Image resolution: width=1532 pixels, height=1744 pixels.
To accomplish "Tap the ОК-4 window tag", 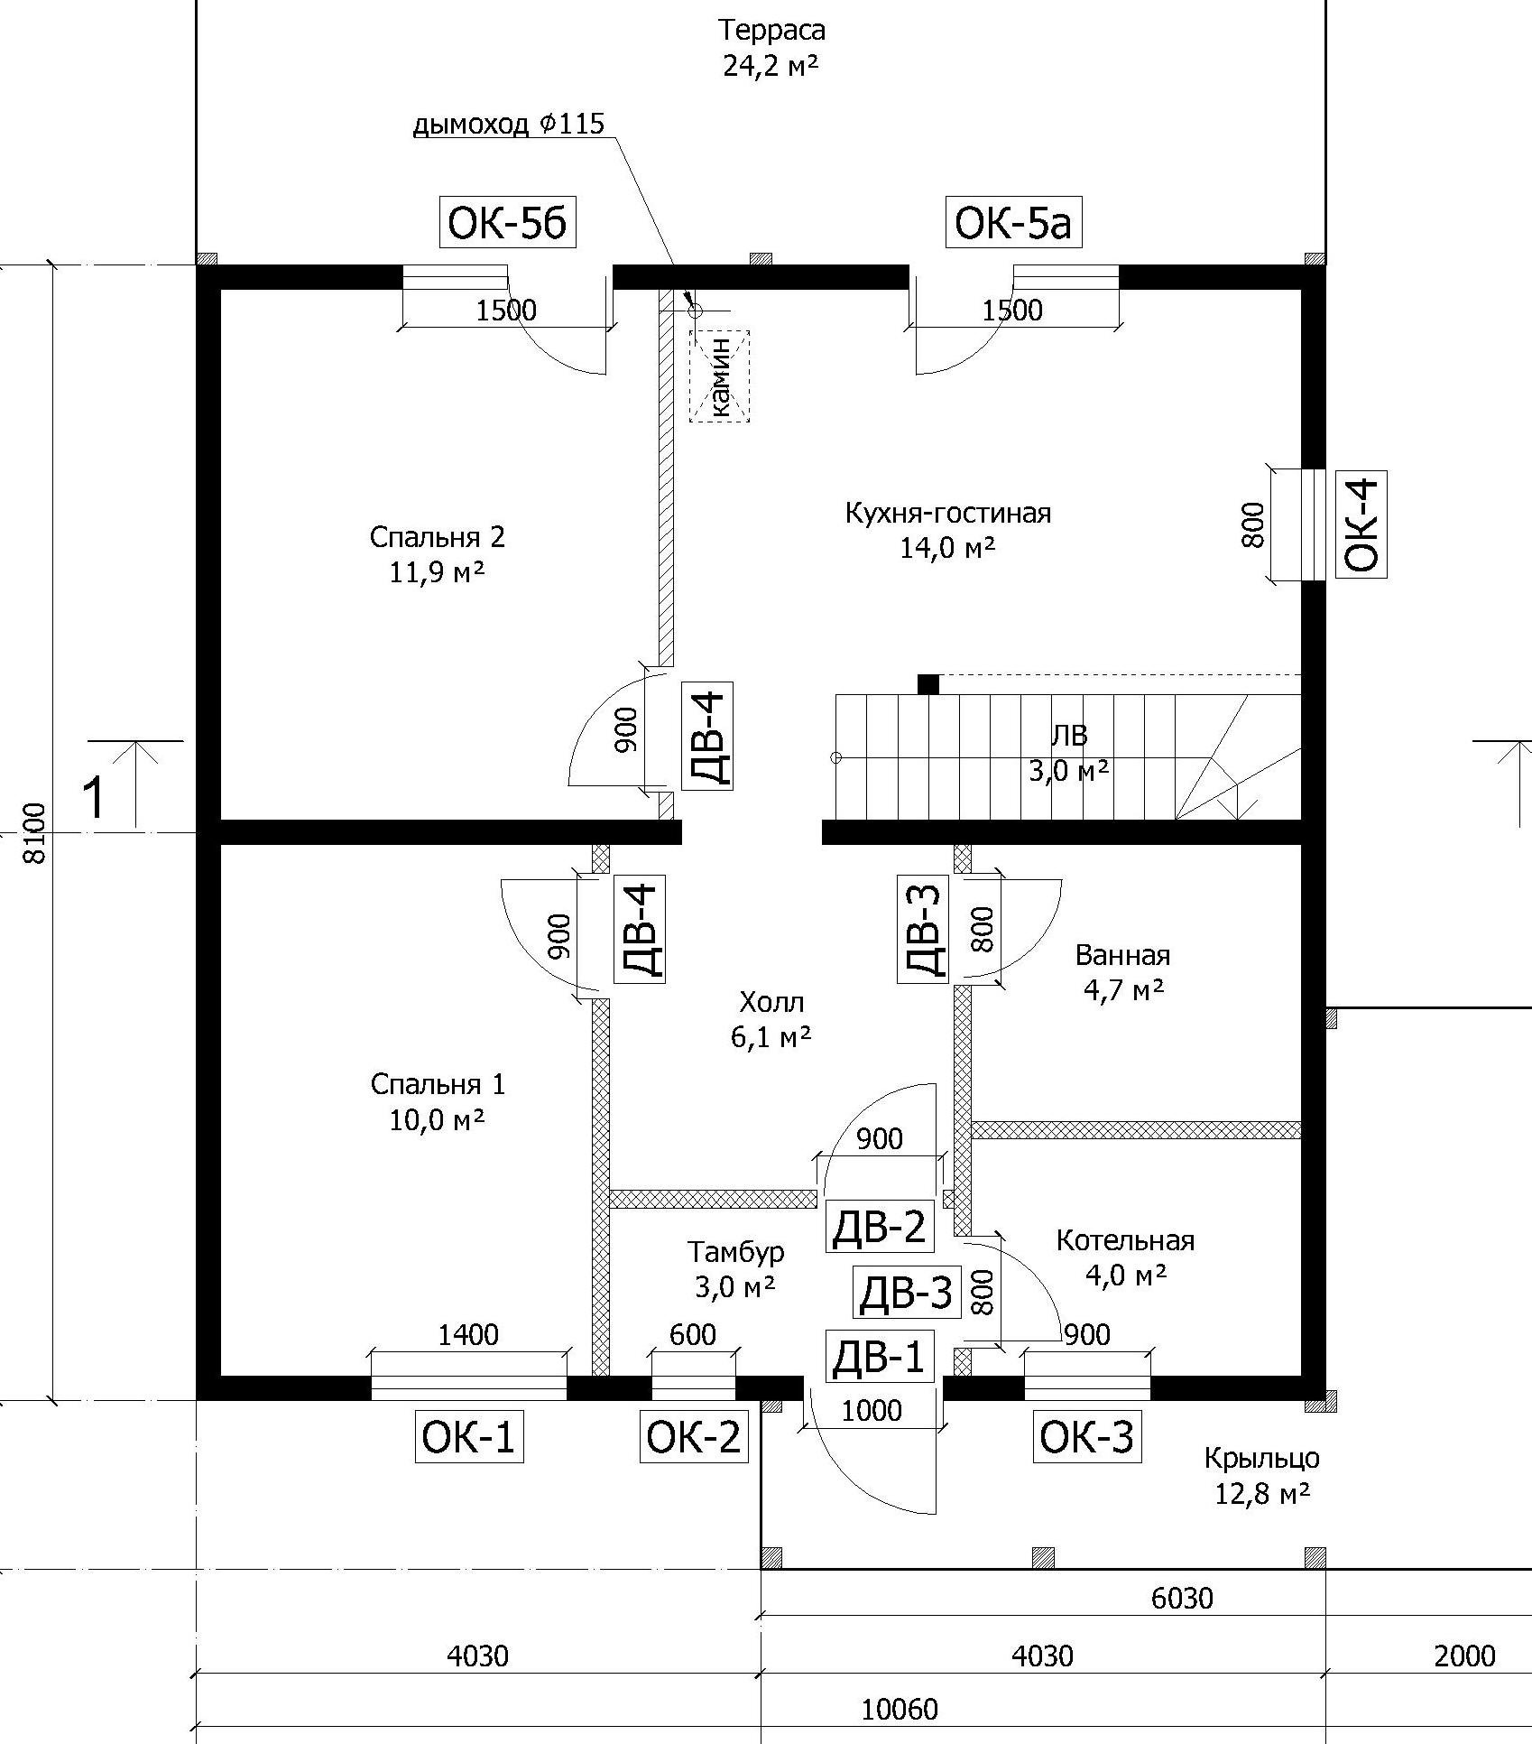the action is (1361, 524).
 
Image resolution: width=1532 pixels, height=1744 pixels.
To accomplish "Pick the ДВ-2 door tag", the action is (878, 1227).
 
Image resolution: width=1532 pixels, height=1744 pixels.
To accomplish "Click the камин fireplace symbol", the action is (719, 376).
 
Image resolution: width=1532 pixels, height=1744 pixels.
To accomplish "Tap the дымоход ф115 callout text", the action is (508, 124).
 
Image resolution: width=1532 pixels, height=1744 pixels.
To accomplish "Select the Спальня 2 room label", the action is (437, 538).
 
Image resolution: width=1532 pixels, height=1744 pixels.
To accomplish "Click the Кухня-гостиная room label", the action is (947, 514).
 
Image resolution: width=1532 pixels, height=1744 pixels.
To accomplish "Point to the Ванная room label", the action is (1122, 955).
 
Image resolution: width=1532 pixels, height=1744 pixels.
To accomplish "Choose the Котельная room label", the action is (1125, 1240).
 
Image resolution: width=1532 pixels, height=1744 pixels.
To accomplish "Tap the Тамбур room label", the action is (735, 1252).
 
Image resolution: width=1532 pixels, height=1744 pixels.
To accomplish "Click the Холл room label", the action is (771, 1002).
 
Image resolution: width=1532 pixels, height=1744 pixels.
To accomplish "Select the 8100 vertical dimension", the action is (35, 834).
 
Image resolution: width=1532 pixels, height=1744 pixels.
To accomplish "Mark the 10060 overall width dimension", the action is (900, 1709).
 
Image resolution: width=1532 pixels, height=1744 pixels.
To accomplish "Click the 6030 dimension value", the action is (1182, 1598).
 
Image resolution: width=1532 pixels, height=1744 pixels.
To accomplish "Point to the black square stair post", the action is (928, 684).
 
